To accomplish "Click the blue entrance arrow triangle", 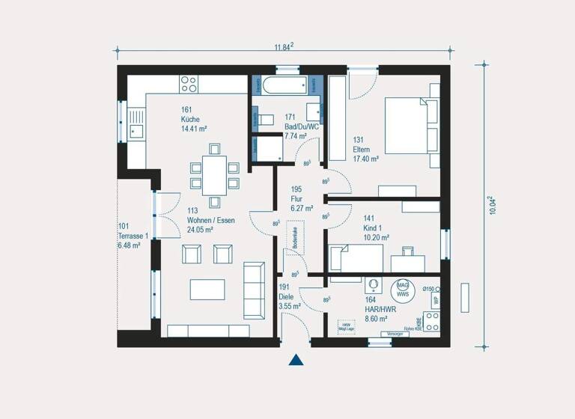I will tap(296, 360).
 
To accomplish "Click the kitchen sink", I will tap(136, 123).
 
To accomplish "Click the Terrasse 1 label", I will tap(133, 236).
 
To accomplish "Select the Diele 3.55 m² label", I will tap(290, 296).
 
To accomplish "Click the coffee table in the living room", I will tap(207, 289).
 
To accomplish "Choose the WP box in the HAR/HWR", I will tap(434, 300).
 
